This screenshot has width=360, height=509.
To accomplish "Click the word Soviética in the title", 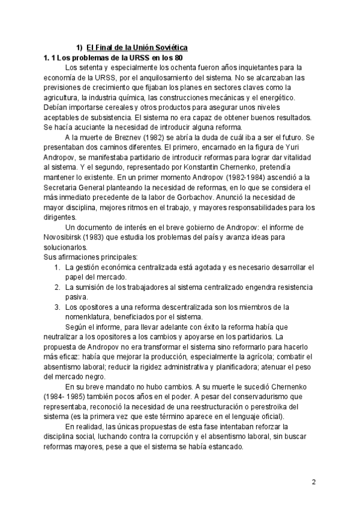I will tap(171, 47).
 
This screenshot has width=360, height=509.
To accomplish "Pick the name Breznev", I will tap(139, 138).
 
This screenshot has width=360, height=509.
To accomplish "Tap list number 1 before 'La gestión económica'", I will tap(56, 267).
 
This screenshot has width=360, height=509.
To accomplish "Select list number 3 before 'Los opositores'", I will tap(56, 307).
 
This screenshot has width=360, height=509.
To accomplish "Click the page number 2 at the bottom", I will tap(314, 482).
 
